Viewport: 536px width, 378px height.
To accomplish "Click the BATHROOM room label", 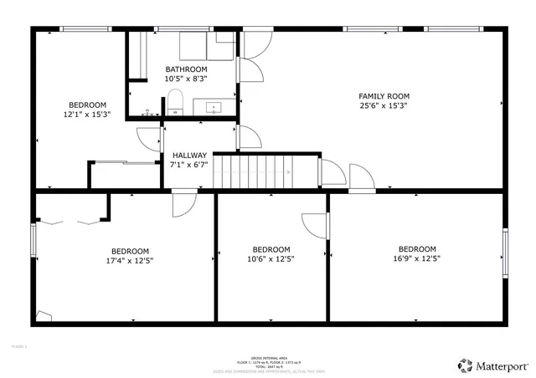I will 186,69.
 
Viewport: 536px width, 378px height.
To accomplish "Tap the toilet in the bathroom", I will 175,105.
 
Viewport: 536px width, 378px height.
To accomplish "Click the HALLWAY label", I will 189,156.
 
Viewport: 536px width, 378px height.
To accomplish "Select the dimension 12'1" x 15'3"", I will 87,115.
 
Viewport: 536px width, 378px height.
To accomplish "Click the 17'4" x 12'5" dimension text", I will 130,261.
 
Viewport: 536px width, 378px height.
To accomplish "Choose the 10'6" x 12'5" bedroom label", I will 271,249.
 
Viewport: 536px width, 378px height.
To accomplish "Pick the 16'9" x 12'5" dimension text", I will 417,259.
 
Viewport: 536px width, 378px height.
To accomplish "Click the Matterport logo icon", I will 464,365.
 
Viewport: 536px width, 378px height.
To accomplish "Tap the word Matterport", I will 502,365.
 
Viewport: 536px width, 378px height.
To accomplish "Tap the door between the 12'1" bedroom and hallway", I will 149,140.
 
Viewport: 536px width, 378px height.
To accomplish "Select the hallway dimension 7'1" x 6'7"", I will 189,165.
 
